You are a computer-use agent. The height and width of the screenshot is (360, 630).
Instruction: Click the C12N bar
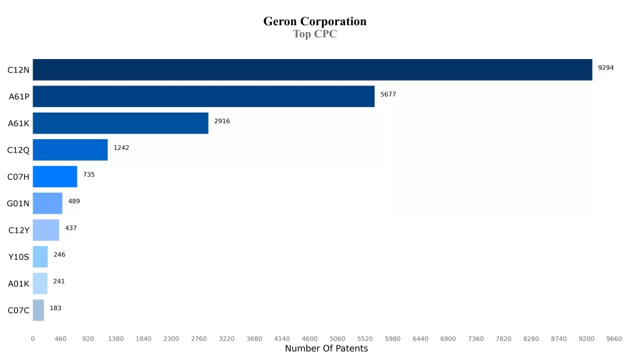click(x=312, y=70)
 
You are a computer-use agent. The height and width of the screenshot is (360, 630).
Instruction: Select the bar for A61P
click(x=204, y=97)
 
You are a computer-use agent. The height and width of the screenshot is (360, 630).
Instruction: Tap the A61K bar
click(x=121, y=123)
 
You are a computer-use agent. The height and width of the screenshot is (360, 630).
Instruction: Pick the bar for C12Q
click(x=70, y=150)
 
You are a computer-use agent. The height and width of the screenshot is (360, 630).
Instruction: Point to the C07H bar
click(x=55, y=177)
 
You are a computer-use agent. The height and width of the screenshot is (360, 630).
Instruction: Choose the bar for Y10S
click(x=40, y=257)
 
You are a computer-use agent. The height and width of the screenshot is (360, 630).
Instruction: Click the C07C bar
click(x=38, y=310)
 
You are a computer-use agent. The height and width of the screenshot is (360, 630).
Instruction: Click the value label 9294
click(x=606, y=68)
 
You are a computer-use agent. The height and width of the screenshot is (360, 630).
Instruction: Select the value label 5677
click(x=389, y=94)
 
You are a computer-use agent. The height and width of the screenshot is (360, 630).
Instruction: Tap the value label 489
click(x=74, y=201)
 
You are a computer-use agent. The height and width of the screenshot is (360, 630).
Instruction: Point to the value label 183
click(x=55, y=308)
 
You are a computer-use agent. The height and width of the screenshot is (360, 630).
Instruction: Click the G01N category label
click(x=18, y=204)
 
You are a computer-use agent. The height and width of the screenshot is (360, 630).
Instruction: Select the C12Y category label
click(x=18, y=230)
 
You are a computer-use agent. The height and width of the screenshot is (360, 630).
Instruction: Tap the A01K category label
click(x=18, y=284)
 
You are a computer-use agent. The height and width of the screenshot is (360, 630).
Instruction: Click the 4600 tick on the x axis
click(x=309, y=338)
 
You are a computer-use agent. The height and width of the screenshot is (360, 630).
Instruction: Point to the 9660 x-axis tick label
click(x=614, y=338)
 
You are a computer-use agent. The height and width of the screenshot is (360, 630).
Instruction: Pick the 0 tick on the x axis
click(x=33, y=338)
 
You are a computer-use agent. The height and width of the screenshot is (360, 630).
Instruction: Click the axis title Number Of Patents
click(x=326, y=349)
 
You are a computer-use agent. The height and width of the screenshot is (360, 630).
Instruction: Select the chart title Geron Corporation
click(x=315, y=22)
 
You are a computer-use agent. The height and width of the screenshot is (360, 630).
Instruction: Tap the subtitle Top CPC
click(x=315, y=34)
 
